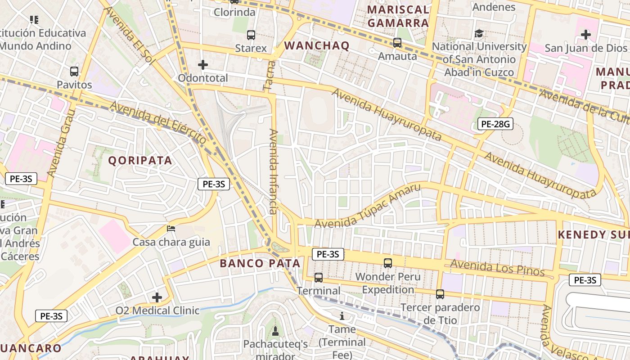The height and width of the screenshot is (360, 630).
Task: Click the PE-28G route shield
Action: click(495, 124)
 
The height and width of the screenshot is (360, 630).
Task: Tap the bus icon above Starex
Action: click(251, 35)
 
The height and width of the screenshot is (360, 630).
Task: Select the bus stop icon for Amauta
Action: click(397, 43)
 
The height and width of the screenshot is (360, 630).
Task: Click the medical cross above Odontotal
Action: click(203, 65)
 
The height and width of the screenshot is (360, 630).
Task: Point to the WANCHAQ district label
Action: click(317, 45)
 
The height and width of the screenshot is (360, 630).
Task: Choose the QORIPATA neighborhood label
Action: click(140, 161)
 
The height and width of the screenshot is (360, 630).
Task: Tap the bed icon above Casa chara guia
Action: click(171, 229)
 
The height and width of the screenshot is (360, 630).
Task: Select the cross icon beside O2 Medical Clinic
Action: click(157, 297)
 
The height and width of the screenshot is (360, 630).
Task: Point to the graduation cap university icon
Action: click(479, 34)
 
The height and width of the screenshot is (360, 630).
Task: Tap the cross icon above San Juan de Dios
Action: click(585, 34)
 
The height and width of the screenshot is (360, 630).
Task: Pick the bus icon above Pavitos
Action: click(74, 72)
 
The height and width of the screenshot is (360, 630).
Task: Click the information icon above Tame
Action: click(342, 316)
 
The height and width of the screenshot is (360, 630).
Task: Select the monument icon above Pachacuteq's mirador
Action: click(275, 331)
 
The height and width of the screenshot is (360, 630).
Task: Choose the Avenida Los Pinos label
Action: click(497, 268)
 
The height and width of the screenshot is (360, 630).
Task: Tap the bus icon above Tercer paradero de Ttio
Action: click(440, 294)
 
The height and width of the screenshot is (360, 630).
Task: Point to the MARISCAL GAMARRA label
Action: click(398, 16)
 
